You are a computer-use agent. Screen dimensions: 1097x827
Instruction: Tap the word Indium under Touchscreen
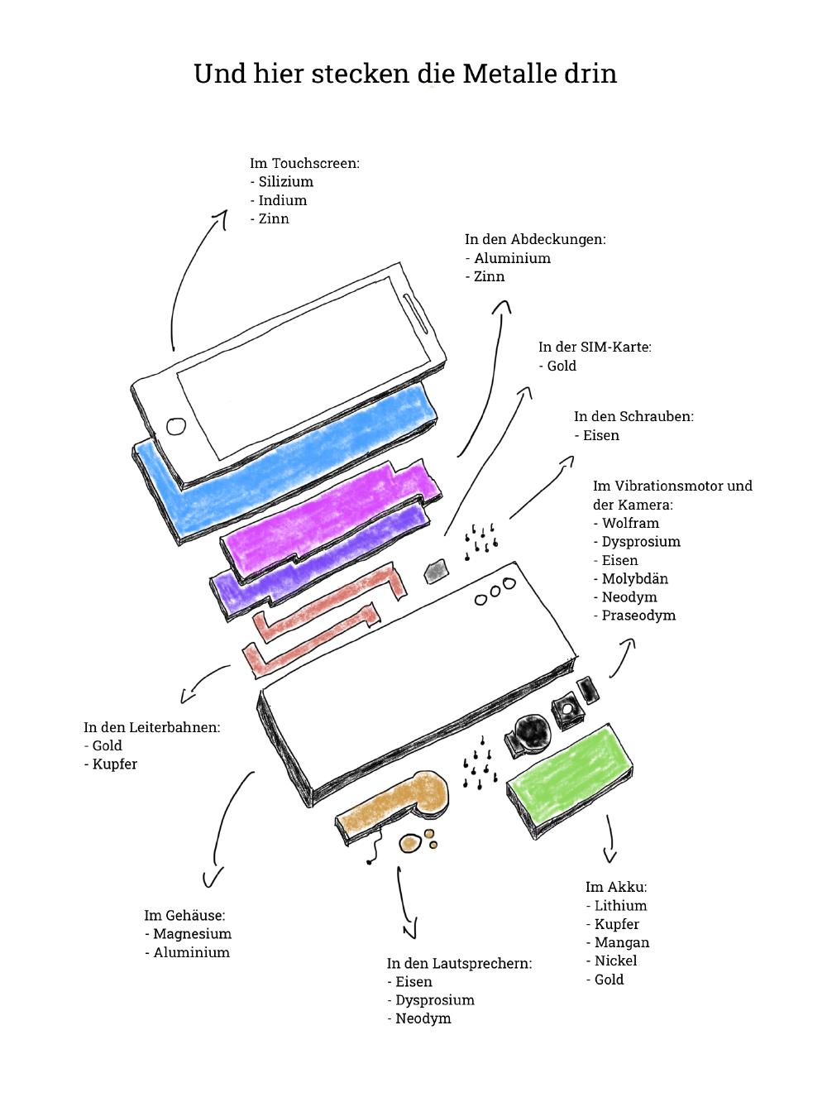click(x=282, y=200)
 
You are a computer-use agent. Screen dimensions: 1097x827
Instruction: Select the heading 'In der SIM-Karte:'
click(x=595, y=347)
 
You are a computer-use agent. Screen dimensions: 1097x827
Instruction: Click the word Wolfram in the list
click(x=630, y=523)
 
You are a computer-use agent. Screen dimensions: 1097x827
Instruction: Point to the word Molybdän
click(x=634, y=578)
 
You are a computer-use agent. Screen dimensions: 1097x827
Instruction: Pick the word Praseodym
click(x=638, y=616)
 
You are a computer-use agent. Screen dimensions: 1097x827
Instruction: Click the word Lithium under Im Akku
click(x=620, y=905)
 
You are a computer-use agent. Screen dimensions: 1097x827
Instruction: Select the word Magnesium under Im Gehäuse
click(x=192, y=933)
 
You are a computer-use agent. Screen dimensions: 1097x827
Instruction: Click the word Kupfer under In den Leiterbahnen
click(x=114, y=764)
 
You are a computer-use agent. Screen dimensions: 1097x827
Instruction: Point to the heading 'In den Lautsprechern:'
click(x=459, y=963)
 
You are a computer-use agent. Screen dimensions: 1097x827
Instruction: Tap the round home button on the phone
click(x=176, y=426)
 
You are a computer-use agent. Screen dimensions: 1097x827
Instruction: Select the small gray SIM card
click(x=436, y=569)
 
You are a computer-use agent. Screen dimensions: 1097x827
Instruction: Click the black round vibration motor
click(x=529, y=732)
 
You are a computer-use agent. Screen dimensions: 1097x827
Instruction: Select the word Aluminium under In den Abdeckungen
click(x=512, y=258)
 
